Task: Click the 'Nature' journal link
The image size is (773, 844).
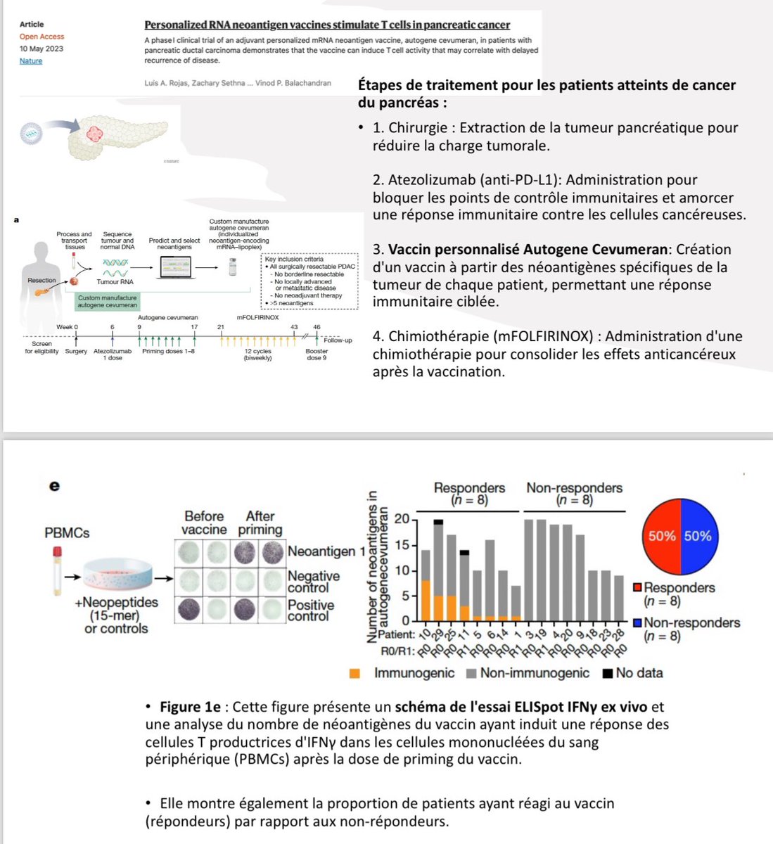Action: (x=31, y=61)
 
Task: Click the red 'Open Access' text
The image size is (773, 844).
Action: (x=41, y=37)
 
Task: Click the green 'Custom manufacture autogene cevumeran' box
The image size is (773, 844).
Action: (x=108, y=302)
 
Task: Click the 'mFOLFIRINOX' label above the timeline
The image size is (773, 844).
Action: (x=258, y=317)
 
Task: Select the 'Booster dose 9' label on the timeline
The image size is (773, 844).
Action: (x=317, y=354)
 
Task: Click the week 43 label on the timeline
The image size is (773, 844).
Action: (x=295, y=327)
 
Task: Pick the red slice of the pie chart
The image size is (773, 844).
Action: (x=662, y=536)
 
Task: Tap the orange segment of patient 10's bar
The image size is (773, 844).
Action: (x=426, y=600)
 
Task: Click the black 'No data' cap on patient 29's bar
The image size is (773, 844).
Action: (x=438, y=521)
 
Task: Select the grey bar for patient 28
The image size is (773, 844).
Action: (x=618, y=598)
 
